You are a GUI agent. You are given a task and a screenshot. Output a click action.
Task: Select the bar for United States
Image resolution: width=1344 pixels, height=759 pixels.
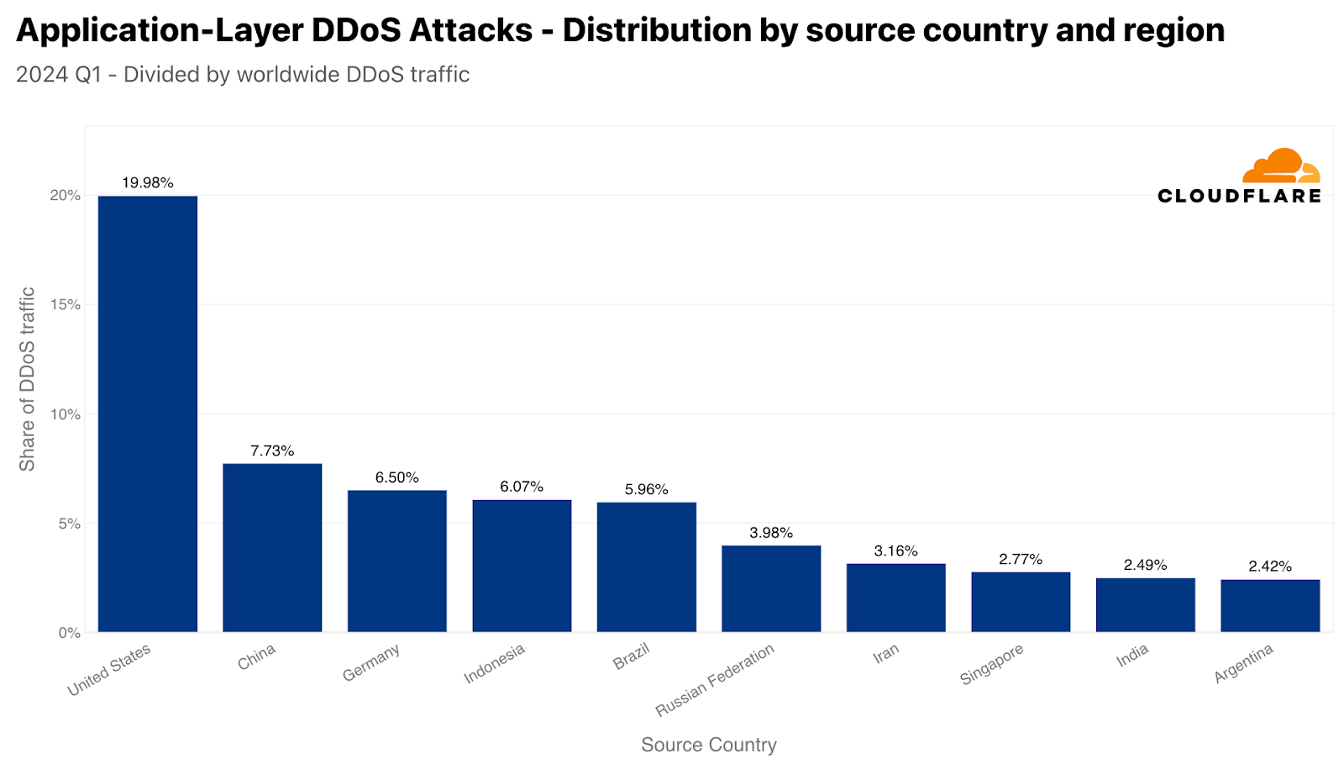(x=148, y=414)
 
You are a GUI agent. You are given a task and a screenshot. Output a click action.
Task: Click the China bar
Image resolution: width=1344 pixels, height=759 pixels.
(x=272, y=547)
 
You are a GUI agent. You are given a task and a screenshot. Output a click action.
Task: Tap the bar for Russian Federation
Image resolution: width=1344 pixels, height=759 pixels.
(x=771, y=588)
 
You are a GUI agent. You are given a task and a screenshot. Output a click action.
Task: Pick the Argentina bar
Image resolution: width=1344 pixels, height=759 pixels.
(x=1270, y=605)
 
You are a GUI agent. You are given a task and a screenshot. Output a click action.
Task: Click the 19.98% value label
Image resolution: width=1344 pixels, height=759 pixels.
(x=148, y=182)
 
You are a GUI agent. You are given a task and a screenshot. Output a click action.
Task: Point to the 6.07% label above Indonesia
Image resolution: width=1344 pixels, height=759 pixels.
(x=522, y=487)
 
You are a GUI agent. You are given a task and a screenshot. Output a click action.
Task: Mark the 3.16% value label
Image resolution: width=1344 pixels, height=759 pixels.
(x=895, y=551)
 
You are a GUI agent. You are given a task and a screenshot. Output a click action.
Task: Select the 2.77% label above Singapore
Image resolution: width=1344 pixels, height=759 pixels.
(x=1021, y=559)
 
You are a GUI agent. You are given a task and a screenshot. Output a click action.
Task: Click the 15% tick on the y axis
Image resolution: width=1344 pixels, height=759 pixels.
(x=66, y=304)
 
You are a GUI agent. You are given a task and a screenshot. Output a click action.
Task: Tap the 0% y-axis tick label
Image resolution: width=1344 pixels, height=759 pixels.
(x=70, y=632)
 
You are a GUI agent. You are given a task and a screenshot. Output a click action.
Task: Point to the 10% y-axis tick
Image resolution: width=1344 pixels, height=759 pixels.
(x=66, y=414)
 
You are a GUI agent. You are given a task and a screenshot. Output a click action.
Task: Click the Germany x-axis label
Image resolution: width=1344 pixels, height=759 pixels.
(x=371, y=662)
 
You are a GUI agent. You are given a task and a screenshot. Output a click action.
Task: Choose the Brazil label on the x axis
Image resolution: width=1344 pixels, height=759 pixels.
(x=632, y=656)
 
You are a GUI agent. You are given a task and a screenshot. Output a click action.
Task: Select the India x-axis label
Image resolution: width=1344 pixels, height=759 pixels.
(x=1132, y=656)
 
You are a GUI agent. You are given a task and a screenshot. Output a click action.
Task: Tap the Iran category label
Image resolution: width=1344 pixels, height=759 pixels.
(x=886, y=653)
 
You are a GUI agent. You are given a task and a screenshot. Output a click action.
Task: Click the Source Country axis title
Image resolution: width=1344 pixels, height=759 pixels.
(x=708, y=745)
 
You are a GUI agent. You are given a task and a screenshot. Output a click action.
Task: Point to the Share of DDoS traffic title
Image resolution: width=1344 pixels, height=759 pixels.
(x=28, y=379)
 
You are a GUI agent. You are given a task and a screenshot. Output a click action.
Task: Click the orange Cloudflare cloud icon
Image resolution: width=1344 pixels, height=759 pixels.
(x=1281, y=166)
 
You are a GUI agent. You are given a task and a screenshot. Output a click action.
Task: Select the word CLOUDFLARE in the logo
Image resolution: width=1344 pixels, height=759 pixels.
(x=1239, y=196)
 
